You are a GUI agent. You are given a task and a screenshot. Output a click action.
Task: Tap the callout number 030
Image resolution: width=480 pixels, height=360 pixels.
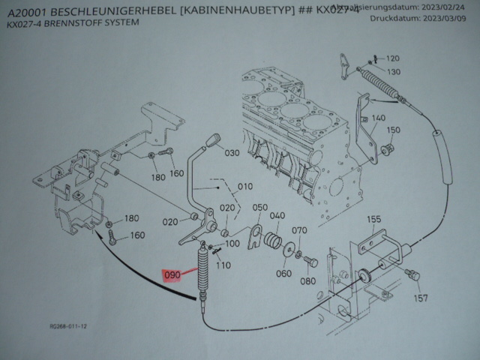tap(232, 153)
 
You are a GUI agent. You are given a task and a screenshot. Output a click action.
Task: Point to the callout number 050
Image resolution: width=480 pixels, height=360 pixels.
tap(259, 208)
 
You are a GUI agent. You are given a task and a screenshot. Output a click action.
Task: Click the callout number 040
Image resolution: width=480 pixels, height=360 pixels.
tap(277, 216)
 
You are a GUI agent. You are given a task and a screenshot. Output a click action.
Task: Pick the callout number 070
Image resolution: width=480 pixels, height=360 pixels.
tap(299, 231)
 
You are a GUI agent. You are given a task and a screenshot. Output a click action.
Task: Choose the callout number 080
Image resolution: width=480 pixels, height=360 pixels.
tap(308, 281)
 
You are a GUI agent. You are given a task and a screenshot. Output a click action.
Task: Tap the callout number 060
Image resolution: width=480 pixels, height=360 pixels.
tap(283, 273)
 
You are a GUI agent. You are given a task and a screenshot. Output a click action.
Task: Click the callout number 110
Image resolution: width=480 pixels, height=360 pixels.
tap(223, 265)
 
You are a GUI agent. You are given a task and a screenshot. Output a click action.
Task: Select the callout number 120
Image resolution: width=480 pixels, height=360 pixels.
tap(393, 58)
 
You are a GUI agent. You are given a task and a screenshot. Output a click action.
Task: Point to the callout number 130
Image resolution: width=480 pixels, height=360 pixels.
tap(394, 71)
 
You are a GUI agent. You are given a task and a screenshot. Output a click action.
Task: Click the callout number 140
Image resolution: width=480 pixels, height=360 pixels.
tap(377, 118)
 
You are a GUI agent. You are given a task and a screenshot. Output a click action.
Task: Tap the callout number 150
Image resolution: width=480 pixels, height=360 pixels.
tap(394, 130)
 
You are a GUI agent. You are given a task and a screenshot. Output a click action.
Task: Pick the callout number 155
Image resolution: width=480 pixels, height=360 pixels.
tap(374, 219)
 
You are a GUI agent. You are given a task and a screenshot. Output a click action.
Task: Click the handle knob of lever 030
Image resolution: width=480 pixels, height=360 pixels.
tap(214, 141)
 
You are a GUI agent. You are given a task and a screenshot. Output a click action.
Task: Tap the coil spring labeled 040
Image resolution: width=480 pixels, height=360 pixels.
tap(273, 241)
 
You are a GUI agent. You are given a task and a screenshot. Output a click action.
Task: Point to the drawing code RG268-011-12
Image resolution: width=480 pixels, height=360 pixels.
tap(69, 327)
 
